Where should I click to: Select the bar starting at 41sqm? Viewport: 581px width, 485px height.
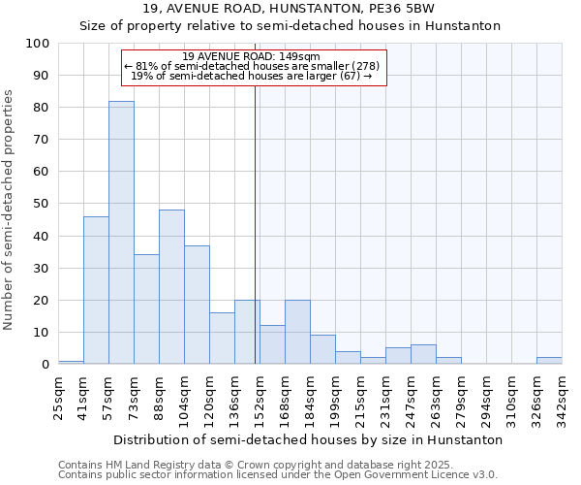point(96,290)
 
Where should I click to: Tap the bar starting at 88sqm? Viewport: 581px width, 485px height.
point(171,287)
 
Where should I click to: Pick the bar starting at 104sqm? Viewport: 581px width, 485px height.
point(197,305)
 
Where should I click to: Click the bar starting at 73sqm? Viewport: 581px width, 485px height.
point(146,309)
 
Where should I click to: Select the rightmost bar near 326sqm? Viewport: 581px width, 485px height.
point(549,361)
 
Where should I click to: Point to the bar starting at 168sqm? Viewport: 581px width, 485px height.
point(297,332)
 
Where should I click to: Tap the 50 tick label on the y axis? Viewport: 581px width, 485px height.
point(42,204)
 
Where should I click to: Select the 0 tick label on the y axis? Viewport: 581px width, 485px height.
point(46,365)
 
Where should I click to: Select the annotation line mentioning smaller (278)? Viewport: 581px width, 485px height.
point(252,66)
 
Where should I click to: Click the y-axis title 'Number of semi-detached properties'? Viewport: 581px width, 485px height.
point(9,210)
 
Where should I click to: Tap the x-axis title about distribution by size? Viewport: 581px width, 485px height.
point(308,439)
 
